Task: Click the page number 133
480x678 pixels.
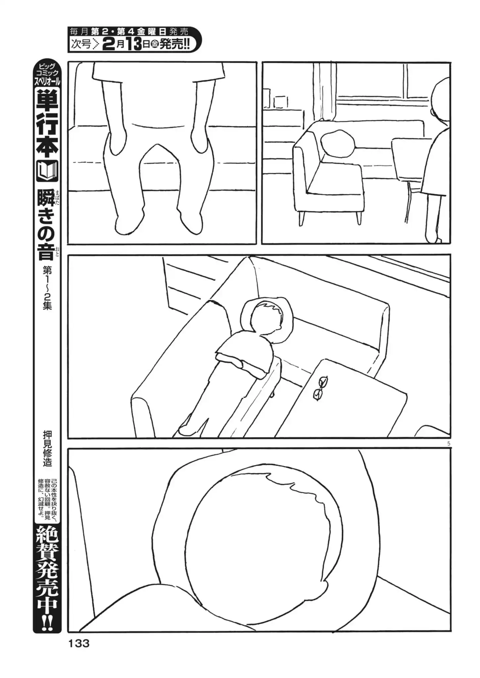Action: pyautogui.click(x=79, y=643)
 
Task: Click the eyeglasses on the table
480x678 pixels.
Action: pyautogui.click(x=320, y=388)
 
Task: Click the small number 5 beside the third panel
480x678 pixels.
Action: pyautogui.click(x=449, y=444)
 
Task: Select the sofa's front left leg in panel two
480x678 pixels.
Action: pyautogui.click(x=301, y=218)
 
